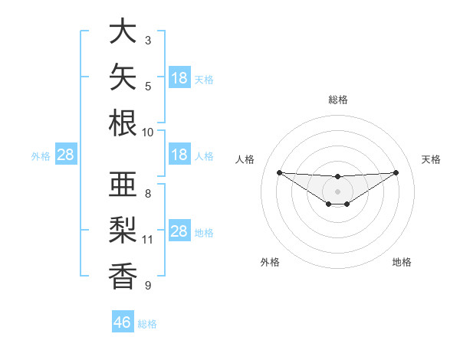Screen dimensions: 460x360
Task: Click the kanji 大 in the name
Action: click(123, 30)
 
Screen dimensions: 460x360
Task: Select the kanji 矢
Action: click(123, 77)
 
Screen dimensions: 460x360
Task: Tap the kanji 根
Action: click(123, 123)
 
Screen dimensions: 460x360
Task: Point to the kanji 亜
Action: click(123, 184)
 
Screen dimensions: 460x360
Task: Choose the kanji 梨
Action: click(123, 230)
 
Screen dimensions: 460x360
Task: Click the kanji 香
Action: click(123, 276)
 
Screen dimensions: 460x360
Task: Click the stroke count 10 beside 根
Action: click(147, 133)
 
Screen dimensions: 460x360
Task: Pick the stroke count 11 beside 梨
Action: click(147, 240)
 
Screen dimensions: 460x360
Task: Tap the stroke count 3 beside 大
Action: click(148, 41)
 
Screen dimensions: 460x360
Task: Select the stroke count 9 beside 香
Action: click(148, 285)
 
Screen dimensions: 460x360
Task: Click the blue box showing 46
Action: click(123, 321)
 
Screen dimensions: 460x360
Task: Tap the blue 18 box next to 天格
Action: click(179, 77)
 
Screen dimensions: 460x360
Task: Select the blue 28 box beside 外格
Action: click(66, 154)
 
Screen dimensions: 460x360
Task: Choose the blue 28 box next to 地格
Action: click(179, 230)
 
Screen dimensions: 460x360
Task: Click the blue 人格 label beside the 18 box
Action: click(204, 156)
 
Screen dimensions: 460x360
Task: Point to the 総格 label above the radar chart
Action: click(338, 100)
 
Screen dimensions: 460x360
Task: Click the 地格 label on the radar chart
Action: click(402, 262)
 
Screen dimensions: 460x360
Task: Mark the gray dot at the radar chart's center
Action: click(337, 191)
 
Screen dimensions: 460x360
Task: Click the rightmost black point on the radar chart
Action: click(396, 172)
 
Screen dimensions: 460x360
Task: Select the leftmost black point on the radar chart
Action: click(280, 172)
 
